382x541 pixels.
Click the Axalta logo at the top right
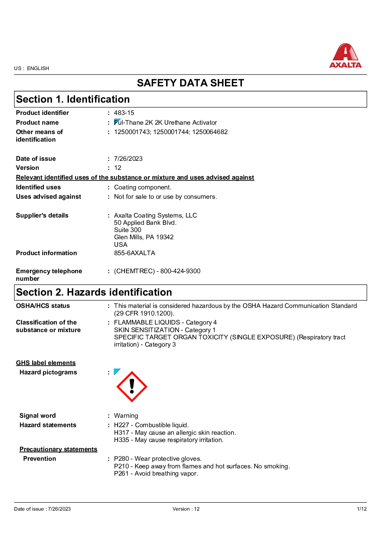[345, 56]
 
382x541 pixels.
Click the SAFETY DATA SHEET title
[190, 83]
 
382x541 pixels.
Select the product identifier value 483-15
[124, 113]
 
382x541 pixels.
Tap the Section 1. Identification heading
[73, 99]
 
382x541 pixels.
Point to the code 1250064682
[210, 132]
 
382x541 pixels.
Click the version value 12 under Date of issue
[118, 168]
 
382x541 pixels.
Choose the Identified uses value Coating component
[143, 187]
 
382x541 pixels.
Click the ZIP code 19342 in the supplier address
[165, 237]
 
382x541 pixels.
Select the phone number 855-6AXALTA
[134, 253]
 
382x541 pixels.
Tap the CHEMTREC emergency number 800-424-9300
[180, 271]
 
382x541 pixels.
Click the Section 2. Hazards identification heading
[94, 292]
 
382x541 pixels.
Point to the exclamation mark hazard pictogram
[132, 387]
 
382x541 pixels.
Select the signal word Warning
[126, 416]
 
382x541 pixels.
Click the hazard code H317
[121, 433]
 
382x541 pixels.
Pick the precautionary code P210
[121, 466]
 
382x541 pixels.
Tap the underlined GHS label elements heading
[46, 363]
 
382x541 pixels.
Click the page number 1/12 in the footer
[361, 509]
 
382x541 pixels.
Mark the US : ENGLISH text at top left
[31, 68]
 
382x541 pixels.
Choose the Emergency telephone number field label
[49, 275]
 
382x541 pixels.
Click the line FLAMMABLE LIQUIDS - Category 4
[165, 322]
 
